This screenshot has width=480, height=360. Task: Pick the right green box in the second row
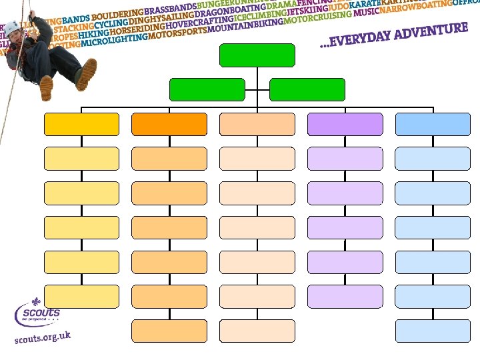click(x=307, y=89)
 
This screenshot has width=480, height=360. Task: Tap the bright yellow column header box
click(x=81, y=124)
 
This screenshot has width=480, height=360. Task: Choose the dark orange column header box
click(x=169, y=124)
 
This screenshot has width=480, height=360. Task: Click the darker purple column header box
click(x=345, y=124)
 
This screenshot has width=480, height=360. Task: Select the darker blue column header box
click(x=433, y=124)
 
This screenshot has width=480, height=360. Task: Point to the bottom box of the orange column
click(x=169, y=331)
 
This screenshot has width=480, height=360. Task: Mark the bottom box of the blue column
click(x=433, y=331)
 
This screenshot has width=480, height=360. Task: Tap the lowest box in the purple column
click(x=345, y=296)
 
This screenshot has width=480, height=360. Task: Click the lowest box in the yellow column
click(x=81, y=296)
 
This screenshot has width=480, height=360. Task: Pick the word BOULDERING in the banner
click(x=118, y=14)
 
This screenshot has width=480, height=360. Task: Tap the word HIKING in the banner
click(x=94, y=33)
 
